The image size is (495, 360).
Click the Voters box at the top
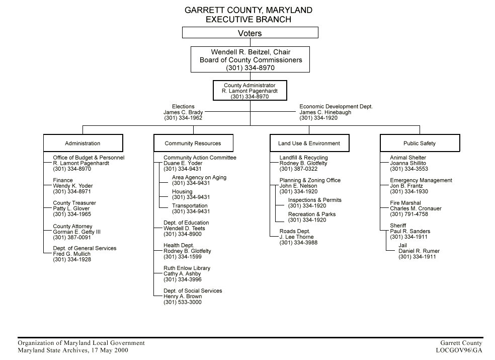coord(250,33)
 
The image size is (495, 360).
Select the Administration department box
coord(82,143)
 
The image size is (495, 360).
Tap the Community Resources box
coord(193,143)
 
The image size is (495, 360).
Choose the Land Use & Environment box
coord(309,143)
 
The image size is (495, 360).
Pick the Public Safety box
coord(420,143)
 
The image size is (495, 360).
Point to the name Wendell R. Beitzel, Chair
coord(251,52)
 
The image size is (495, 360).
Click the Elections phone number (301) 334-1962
coord(183,118)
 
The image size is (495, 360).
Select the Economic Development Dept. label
coord(336,107)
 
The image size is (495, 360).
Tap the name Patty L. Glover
coord(71,209)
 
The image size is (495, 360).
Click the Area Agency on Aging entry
coord(199,178)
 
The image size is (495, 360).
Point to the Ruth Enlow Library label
coord(187,268)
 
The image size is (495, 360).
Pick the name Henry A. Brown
coord(183,297)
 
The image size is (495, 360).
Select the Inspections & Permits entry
coord(315,200)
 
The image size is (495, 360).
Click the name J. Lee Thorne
coord(296,237)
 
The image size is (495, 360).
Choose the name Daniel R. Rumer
coord(419,251)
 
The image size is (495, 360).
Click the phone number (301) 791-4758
coord(409,214)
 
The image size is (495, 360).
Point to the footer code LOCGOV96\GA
coord(459,350)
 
